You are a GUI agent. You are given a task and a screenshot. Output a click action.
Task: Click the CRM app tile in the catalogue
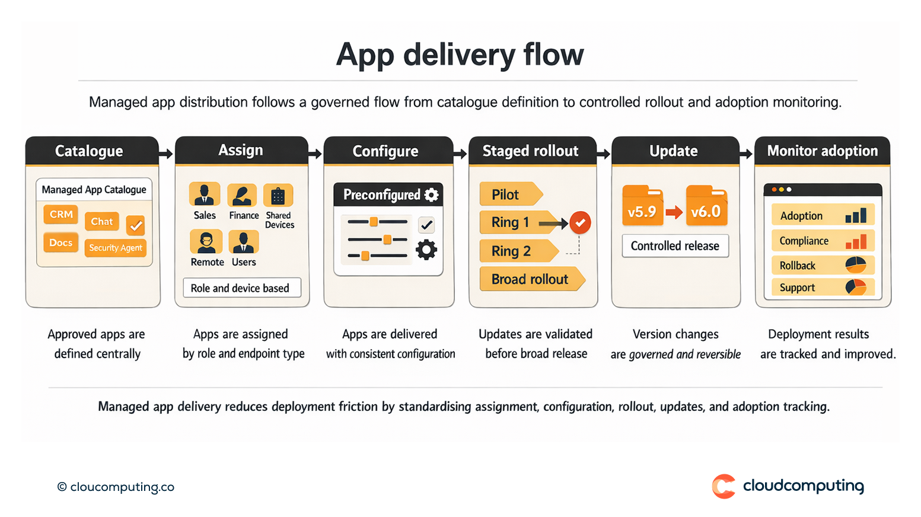pyautogui.click(x=61, y=214)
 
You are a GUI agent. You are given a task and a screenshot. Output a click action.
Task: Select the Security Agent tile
pyautogui.click(x=116, y=248)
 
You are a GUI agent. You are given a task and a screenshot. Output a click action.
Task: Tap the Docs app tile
pyautogui.click(x=60, y=242)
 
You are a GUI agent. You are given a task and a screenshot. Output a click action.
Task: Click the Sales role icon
pyautogui.click(x=205, y=194)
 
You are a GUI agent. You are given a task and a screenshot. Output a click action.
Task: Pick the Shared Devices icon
pyautogui.click(x=278, y=195)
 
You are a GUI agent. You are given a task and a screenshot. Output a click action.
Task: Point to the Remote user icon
pyautogui.click(x=206, y=241)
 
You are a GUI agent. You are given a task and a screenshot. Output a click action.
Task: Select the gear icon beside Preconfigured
pyautogui.click(x=432, y=194)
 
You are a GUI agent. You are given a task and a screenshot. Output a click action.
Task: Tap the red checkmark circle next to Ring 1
pyautogui.click(x=580, y=223)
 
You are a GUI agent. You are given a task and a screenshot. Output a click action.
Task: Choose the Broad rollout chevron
pyautogui.click(x=531, y=279)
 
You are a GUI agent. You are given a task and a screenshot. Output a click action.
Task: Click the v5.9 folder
pyautogui.click(x=642, y=206)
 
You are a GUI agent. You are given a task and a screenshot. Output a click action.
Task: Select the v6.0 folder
pyautogui.click(x=706, y=206)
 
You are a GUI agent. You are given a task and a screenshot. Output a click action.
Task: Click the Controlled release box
pyautogui.click(x=675, y=246)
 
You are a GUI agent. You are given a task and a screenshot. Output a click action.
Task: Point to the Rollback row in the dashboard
pyautogui.click(x=822, y=265)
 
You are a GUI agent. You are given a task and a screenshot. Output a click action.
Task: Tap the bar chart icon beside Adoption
pyautogui.click(x=856, y=216)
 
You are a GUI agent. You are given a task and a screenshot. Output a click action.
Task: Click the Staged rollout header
pyautogui.click(x=530, y=151)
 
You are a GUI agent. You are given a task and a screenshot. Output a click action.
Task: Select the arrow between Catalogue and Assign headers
pyautogui.click(x=167, y=154)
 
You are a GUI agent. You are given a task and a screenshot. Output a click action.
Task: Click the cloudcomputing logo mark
pyautogui.click(x=724, y=486)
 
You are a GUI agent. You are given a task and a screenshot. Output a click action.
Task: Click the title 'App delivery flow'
pyautogui.click(x=460, y=55)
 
